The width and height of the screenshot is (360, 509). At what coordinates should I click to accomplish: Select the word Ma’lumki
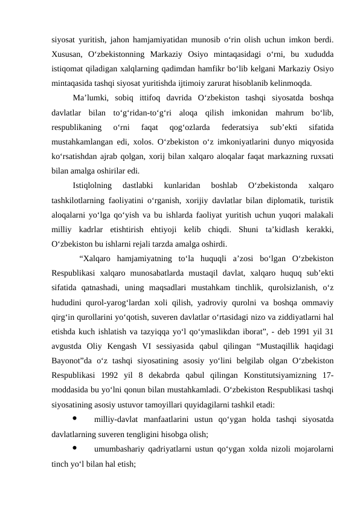[x=91, y=98]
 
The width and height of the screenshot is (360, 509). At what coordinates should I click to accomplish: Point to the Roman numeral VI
[x=146, y=346]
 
